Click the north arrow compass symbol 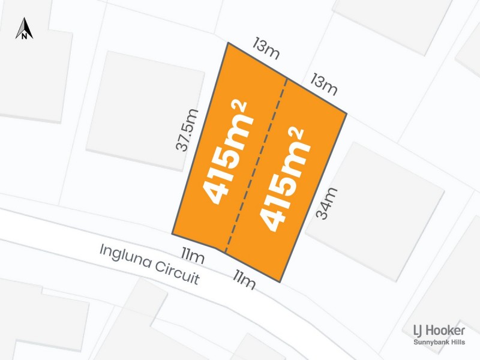24,29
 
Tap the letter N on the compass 24,35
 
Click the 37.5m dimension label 188,130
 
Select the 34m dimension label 327,203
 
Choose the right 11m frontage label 244,279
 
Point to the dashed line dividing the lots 256,165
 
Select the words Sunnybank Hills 439,343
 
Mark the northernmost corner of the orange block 227,43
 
